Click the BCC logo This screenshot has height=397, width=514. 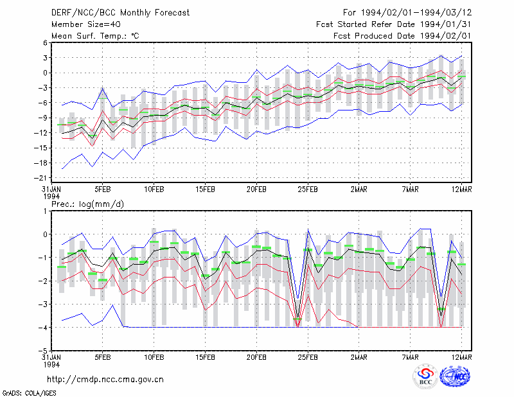[x=425, y=377]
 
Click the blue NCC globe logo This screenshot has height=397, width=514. [x=455, y=376]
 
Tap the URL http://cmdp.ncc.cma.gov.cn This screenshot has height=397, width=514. [x=105, y=380]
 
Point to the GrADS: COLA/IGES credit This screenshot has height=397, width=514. [x=29, y=393]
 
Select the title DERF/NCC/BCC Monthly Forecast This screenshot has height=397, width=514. [x=120, y=13]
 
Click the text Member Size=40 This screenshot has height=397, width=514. [x=86, y=24]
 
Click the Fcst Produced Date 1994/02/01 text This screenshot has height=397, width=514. [x=402, y=36]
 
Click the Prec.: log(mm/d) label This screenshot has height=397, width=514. [x=87, y=204]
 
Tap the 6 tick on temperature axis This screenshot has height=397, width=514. [x=45, y=42]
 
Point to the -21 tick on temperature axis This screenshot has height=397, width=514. [x=41, y=178]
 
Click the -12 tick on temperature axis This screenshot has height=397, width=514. [x=41, y=133]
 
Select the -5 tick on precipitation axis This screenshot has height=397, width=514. [x=43, y=351]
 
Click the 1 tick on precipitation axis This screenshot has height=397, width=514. [x=46, y=211]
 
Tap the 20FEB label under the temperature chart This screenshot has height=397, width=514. [x=256, y=190]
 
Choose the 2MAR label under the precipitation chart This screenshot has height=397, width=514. [x=359, y=357]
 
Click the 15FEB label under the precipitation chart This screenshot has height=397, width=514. [x=205, y=357]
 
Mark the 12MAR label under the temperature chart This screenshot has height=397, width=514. [x=461, y=190]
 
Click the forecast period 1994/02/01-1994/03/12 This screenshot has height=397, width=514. [x=416, y=13]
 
